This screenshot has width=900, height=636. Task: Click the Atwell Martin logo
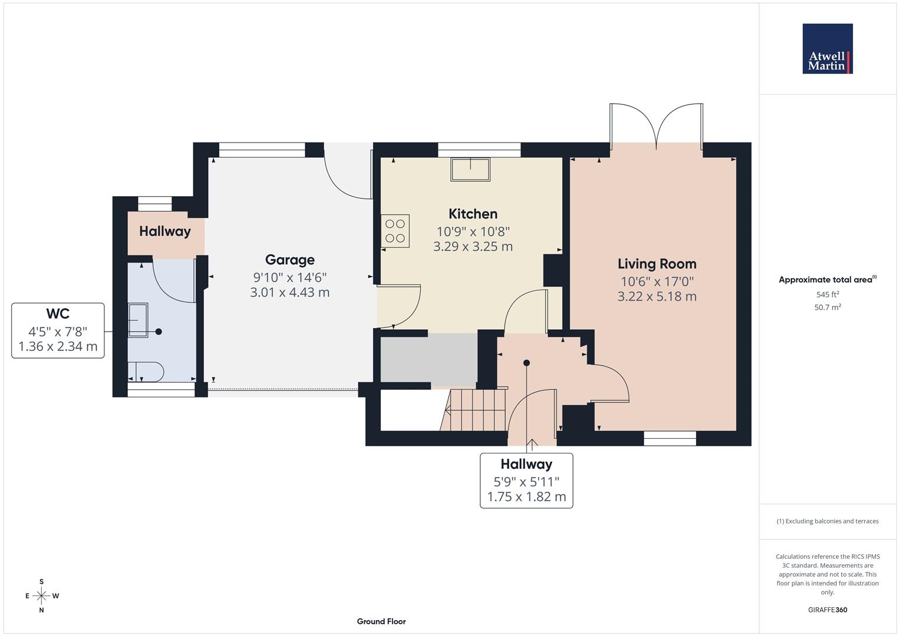(x=827, y=49)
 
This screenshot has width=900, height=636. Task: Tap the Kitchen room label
(x=473, y=214)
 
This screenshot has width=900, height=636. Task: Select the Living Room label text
(x=657, y=264)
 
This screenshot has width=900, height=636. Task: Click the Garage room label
(x=289, y=260)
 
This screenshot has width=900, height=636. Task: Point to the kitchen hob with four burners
(x=395, y=231)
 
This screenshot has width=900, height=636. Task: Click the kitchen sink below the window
(x=470, y=169)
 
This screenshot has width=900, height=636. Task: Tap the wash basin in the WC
(x=139, y=321)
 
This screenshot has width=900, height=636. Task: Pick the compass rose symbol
(x=41, y=596)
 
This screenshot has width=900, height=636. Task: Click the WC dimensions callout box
(x=58, y=330)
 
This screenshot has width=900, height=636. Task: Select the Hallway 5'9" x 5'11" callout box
(x=526, y=480)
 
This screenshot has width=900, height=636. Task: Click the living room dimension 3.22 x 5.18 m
(x=657, y=296)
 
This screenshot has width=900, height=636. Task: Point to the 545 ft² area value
(x=827, y=294)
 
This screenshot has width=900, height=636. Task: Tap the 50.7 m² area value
(x=827, y=307)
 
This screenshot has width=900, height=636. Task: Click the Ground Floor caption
(x=381, y=621)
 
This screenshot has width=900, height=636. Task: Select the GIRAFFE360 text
(x=827, y=609)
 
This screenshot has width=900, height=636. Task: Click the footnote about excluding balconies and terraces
(x=827, y=521)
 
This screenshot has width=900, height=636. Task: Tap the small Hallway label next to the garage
(x=164, y=231)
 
